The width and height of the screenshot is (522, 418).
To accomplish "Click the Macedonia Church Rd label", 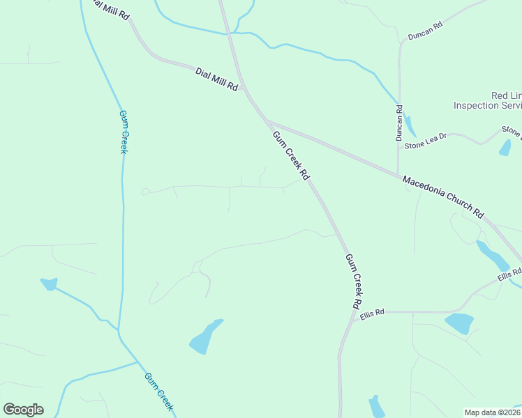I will [x=443, y=198].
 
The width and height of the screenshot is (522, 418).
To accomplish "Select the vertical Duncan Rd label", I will [x=400, y=123].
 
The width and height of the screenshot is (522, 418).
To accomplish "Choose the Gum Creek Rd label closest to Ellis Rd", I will [x=354, y=281].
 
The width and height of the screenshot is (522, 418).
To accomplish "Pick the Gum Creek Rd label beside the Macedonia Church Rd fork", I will [x=290, y=155].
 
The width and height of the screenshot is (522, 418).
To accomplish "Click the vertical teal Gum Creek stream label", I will [x=122, y=132].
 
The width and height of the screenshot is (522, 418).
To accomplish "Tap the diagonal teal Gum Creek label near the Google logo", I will [x=158, y=392].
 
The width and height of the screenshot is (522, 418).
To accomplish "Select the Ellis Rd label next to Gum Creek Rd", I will [x=373, y=313].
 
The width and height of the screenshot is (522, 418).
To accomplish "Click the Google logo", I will [x=23, y=410].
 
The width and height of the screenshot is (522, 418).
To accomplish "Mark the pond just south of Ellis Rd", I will [x=459, y=323].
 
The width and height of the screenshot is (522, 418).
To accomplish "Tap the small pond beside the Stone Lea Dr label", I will [x=505, y=147].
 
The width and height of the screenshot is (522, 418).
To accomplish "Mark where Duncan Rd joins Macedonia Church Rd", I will [x=398, y=174].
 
